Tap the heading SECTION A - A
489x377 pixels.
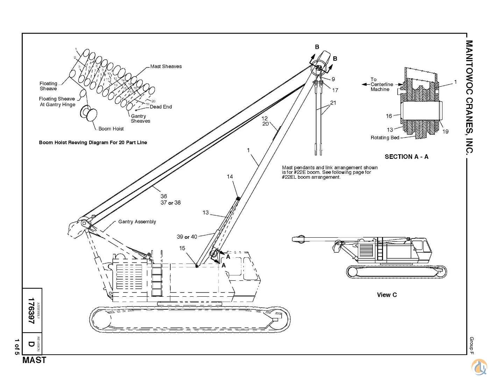pos(406,157)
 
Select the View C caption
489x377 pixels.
pos(387,295)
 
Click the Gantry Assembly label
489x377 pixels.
pos(137,222)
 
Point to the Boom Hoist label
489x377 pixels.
pos(111,129)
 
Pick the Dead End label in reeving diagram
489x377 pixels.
pos(161,107)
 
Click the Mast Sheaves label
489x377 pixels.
pos(166,66)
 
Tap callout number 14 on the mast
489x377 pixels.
pos(230,177)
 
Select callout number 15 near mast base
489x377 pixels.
pos(182,248)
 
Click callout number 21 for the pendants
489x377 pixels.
pos(333,103)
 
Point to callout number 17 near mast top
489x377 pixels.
pos(335,90)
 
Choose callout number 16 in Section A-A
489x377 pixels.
pos(389,116)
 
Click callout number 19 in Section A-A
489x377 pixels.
pos(445,132)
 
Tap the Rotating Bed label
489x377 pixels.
pos(385,138)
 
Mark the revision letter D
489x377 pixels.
pos(31,344)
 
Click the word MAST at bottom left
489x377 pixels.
pos(34,360)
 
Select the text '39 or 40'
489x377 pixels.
pos(187,237)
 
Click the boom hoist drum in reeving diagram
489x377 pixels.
pos(89,114)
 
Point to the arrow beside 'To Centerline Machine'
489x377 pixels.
pos(365,84)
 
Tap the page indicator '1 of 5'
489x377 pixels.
pos(16,347)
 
